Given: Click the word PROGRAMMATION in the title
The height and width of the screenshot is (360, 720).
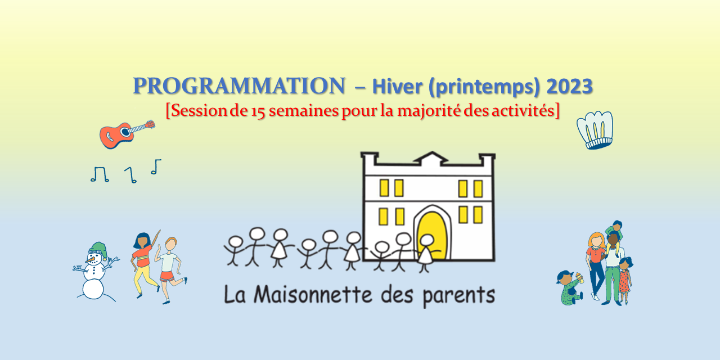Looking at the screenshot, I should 238,86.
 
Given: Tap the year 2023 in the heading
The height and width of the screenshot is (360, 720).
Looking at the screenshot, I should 569,87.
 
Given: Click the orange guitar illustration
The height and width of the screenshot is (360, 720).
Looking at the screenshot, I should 124,134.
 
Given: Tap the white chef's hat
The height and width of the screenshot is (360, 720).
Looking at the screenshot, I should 595,129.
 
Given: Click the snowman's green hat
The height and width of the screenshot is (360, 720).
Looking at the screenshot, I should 98,249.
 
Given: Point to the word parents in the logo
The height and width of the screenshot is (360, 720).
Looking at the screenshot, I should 461,295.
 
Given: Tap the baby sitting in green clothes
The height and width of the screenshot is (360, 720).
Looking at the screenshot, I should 569,287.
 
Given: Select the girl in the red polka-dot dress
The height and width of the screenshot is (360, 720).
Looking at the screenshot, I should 625,278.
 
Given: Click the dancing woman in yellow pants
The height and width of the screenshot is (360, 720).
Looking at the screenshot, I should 143,262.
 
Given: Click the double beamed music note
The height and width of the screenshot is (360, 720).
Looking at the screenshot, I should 100,174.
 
